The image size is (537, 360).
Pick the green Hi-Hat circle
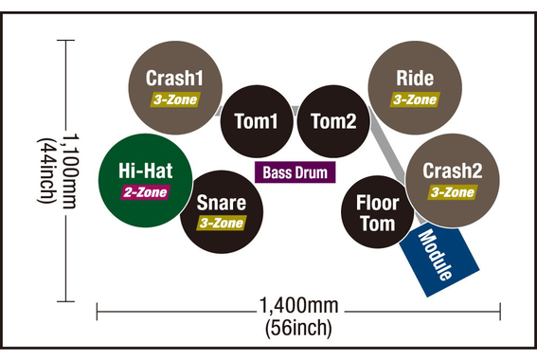click(x=144, y=179)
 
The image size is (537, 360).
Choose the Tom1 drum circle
click(x=256, y=121)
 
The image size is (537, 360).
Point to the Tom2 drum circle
click(x=333, y=121)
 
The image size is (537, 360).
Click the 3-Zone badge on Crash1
click(x=174, y=98)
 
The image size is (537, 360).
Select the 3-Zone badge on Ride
click(x=415, y=99)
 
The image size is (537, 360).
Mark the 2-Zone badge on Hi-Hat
click(x=144, y=192)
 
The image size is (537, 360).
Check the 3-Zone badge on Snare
click(x=222, y=224)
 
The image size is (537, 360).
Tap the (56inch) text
click(x=299, y=329)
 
